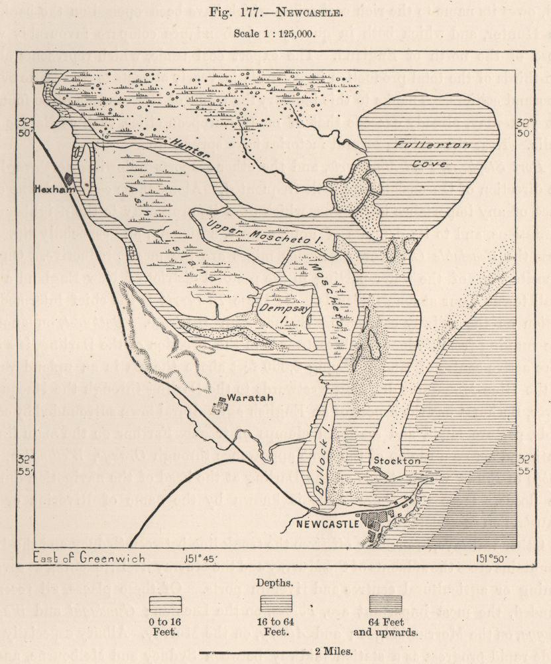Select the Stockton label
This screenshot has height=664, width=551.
tap(393, 459)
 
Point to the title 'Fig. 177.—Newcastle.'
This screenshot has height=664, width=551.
tap(275, 13)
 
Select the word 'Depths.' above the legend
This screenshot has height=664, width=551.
tap(275, 583)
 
